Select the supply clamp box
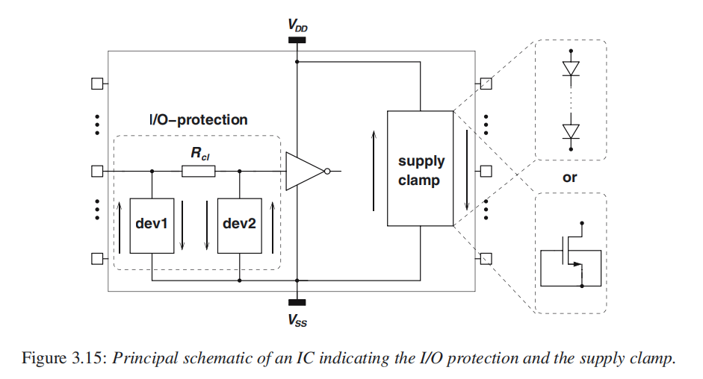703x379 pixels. point(421,169)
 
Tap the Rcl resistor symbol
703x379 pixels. point(199,172)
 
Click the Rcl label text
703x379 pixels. point(199,154)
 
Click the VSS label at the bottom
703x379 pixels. point(297,322)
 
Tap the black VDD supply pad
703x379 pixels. point(297,40)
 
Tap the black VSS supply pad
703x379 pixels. point(297,303)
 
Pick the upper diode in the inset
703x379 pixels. point(572,68)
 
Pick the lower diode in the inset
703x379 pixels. point(572,131)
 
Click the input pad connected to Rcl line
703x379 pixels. point(96,172)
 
